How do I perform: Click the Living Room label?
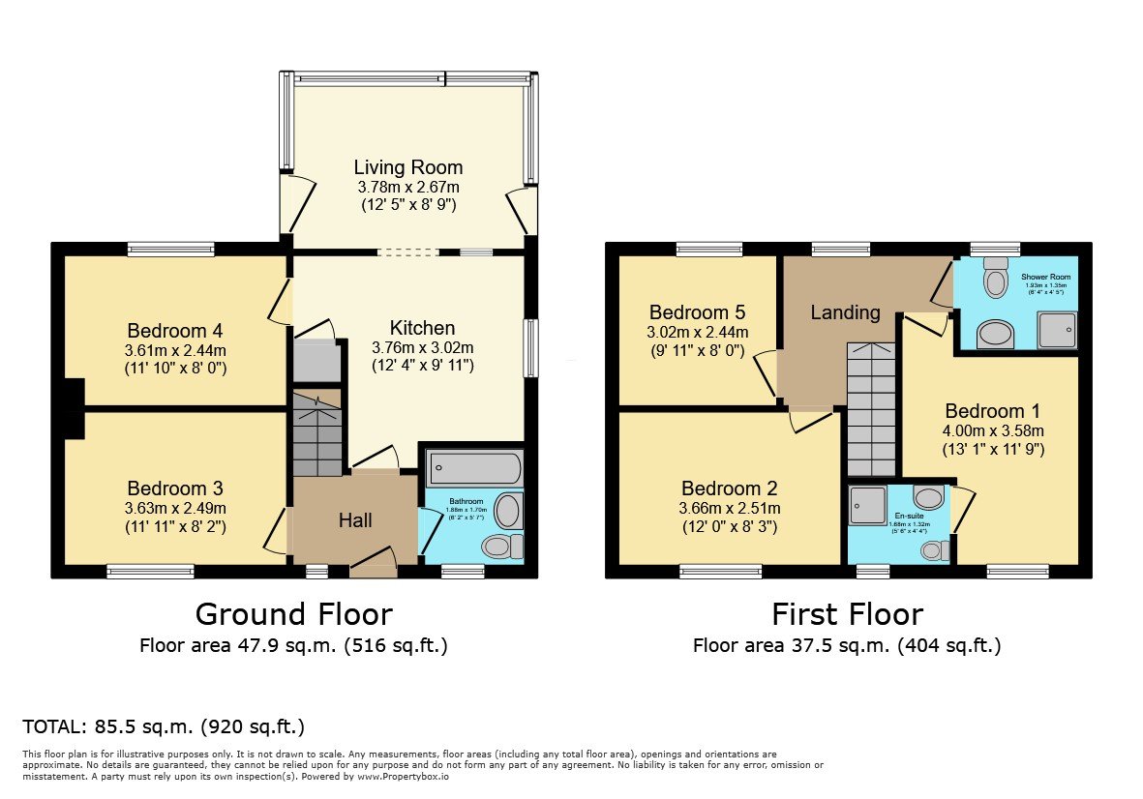[407, 167]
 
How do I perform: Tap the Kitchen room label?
[422, 328]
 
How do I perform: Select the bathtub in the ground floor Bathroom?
[474, 469]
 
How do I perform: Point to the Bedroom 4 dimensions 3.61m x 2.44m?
[176, 350]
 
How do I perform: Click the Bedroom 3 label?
[175, 488]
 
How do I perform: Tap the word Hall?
[354, 520]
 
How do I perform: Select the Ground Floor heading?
[293, 614]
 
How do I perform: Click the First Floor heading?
[847, 614]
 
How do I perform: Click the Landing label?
[845, 312]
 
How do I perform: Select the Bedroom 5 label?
[697, 312]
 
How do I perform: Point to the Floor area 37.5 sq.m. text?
[847, 645]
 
